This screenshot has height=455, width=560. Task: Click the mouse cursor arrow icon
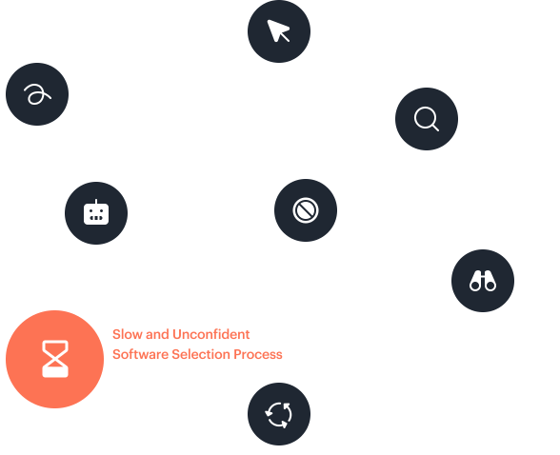pos(277,30)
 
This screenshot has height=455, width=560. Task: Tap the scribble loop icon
pos(37,94)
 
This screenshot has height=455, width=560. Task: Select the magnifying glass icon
pos(426,119)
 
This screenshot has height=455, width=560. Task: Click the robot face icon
pos(96,212)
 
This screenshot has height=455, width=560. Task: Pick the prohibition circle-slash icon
pos(306,210)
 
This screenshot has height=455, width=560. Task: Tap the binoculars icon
pos(483,281)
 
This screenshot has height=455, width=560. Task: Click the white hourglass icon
pos(55,359)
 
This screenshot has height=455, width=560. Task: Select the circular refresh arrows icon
pos(278,414)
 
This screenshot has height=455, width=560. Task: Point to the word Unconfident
pos(211,334)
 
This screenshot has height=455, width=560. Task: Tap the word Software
pos(140,354)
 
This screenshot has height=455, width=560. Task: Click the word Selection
pos(201,354)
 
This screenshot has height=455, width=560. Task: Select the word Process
pos(258,354)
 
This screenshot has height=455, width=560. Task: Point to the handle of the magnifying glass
pos(435,128)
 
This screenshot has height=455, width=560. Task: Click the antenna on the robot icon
pos(96,202)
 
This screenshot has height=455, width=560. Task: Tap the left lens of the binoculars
pos(475,286)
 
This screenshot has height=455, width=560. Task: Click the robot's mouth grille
pos(96,218)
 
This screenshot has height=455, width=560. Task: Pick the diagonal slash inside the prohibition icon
pos(306,210)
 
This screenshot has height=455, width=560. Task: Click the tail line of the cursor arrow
pos(284,37)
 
